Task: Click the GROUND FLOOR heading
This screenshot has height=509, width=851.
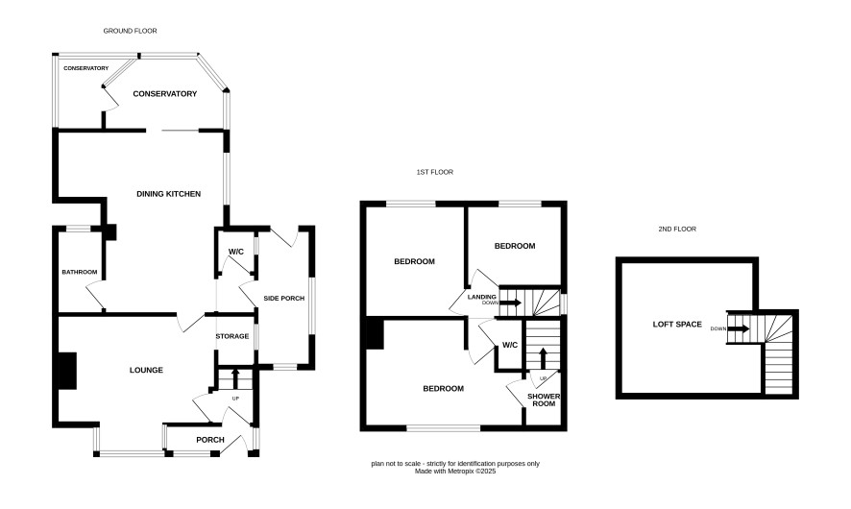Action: [131, 31]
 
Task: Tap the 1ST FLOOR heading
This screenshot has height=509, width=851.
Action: [435, 172]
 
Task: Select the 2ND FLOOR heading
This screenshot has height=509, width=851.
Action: [677, 229]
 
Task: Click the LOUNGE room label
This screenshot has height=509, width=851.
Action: [146, 370]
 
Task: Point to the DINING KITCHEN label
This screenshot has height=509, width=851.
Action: [168, 194]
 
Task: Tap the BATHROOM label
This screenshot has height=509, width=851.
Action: [79, 272]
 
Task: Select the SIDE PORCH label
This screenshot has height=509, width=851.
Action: [284, 298]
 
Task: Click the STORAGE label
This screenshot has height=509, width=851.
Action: [232, 336]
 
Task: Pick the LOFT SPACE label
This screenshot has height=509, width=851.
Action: [677, 325]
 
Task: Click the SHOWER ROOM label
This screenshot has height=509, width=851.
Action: [544, 400]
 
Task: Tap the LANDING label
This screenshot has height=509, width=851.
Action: [482, 297]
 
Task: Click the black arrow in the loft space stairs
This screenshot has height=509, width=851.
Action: [739, 328]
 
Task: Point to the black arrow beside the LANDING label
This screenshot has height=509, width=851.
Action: [511, 303]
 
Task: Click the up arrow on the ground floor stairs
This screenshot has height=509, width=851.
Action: [235, 378]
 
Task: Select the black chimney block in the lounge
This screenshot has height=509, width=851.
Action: [67, 371]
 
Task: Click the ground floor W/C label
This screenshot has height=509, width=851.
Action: [236, 252]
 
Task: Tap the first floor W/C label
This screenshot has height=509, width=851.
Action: [510, 345]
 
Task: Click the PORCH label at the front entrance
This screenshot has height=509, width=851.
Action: [210, 440]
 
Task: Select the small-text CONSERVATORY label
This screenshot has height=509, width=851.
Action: [85, 68]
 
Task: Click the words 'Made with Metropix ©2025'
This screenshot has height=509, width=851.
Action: [455, 472]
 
